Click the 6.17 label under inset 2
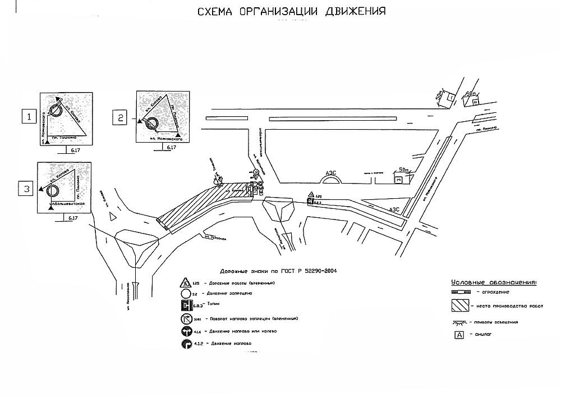pyautogui.click(x=170, y=147)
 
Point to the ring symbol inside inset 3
pyautogui.click(x=52, y=190)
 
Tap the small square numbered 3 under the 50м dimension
pyautogui.click(x=398, y=180)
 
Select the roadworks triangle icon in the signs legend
pyautogui.click(x=185, y=283)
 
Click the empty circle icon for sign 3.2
pyautogui.click(x=185, y=294)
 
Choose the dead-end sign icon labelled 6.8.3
pyautogui.click(x=185, y=307)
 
